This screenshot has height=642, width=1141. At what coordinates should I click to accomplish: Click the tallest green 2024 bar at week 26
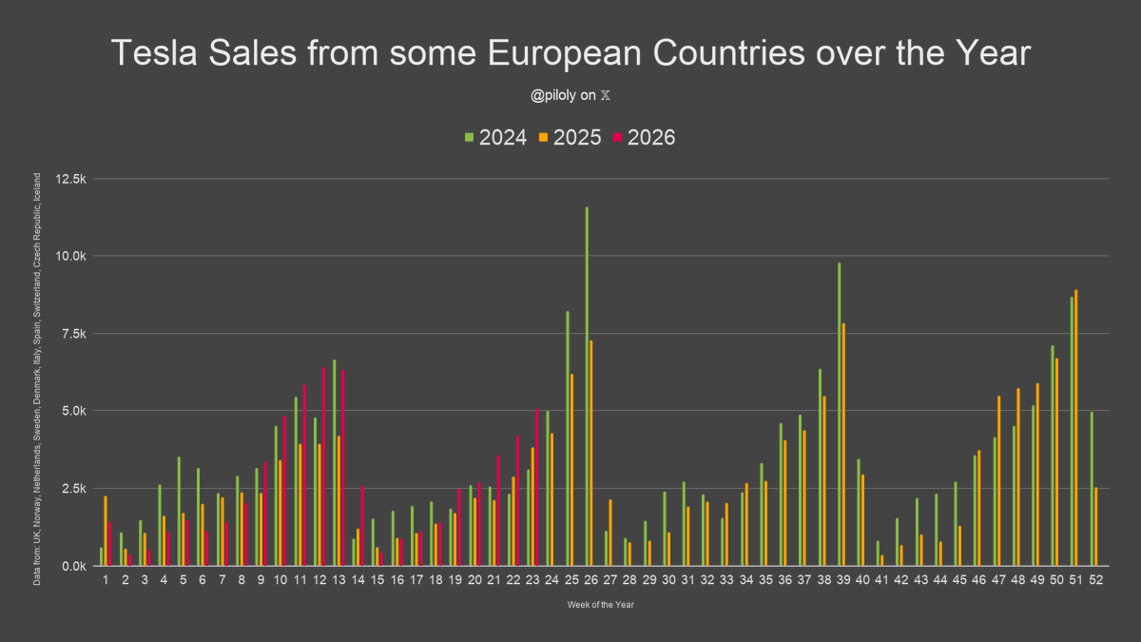(587, 386)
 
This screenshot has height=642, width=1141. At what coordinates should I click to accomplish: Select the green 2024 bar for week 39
(839, 415)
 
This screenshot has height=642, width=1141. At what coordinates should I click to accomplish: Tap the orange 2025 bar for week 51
(1075, 427)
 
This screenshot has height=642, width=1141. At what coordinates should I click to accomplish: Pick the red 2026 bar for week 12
(323, 466)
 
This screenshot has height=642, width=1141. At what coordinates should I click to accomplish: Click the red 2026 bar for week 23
(537, 487)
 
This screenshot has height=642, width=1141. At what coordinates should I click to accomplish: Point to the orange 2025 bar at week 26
(590, 453)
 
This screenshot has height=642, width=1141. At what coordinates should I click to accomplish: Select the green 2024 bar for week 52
(1092, 489)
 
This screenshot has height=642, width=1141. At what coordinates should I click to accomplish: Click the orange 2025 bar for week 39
(843, 444)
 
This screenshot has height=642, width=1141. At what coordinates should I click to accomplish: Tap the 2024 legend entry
(495, 138)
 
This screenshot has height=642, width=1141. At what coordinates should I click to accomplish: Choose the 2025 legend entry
(570, 138)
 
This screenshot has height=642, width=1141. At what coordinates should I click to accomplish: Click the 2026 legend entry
(645, 138)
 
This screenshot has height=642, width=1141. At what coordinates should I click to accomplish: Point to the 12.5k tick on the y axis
(70, 179)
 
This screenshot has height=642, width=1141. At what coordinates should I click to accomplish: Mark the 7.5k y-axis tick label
(74, 334)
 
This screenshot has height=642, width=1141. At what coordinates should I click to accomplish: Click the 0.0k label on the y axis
(74, 566)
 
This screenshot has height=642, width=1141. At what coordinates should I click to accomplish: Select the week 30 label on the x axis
(668, 580)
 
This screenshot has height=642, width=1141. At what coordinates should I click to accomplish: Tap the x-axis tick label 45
(959, 580)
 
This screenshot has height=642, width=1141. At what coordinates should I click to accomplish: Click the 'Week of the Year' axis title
(601, 605)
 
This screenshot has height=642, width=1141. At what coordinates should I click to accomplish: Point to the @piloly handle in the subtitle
(553, 95)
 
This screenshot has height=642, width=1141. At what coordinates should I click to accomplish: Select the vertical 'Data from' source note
(37, 379)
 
